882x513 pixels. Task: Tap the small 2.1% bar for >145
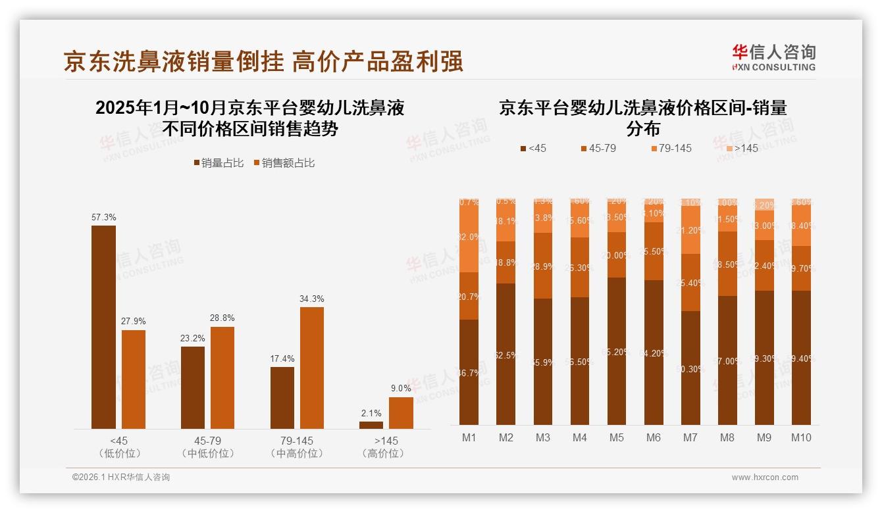pos(371,425)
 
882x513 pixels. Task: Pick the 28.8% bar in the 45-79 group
pos(222,378)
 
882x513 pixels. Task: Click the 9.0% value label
pos(401,389)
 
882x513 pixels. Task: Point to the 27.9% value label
pos(134,321)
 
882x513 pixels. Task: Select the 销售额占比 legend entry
pos(284,163)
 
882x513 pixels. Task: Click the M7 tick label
pos(690,438)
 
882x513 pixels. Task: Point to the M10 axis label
pos(800,438)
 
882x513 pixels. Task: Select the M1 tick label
pos(469,438)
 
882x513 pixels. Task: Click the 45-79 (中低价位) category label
pos(207,447)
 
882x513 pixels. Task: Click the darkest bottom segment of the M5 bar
pos(616,351)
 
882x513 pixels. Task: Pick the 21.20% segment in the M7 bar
pos(690,230)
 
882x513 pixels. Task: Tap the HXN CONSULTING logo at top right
pos(773,58)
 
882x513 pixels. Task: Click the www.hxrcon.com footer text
pos(765,477)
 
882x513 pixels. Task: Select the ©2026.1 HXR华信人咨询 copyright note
pos(121,477)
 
